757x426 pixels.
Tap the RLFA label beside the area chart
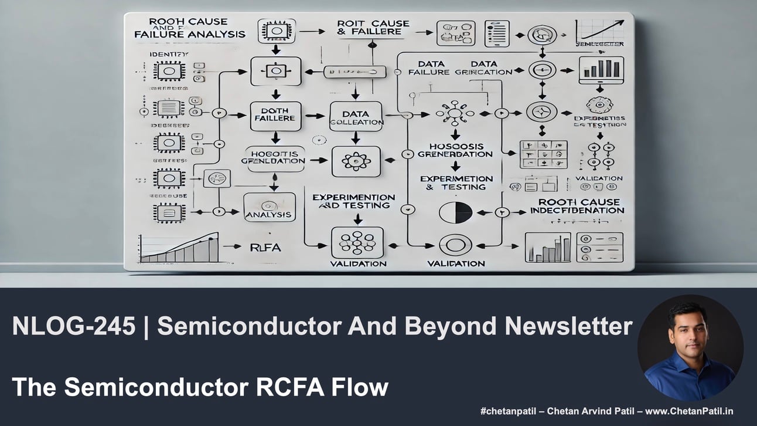[x=265, y=248]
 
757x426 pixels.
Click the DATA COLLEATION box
[x=356, y=116]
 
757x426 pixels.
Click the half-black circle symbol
[x=456, y=212]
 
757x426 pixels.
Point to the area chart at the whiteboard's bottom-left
[x=179, y=248]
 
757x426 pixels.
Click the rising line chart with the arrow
[x=599, y=31]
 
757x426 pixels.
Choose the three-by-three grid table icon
[x=543, y=154]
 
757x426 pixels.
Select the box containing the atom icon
[x=356, y=161]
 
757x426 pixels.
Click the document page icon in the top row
[x=496, y=33]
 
